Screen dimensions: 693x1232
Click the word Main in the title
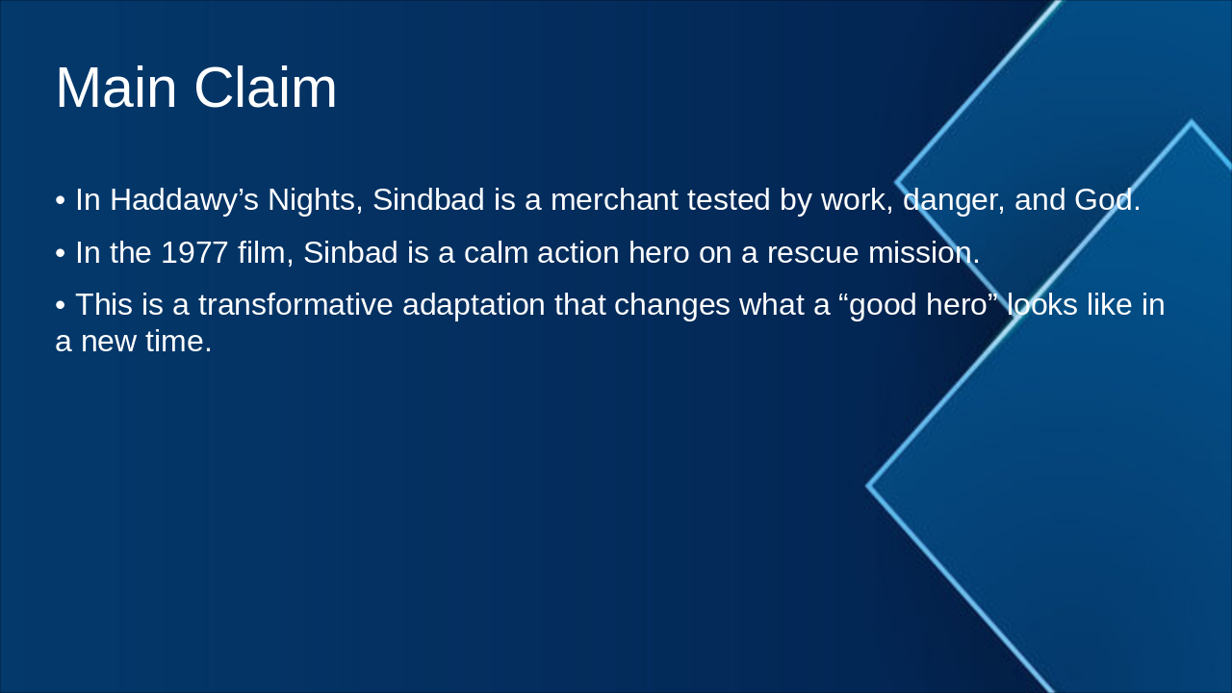[x=116, y=88]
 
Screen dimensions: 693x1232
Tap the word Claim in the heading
[x=266, y=88]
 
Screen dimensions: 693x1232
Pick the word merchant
[x=614, y=200]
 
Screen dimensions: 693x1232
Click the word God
[x=1106, y=200]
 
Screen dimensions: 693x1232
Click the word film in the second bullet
[x=264, y=253]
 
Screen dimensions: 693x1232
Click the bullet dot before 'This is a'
[x=61, y=305]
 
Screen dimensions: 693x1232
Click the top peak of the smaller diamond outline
[x=1191, y=122]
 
